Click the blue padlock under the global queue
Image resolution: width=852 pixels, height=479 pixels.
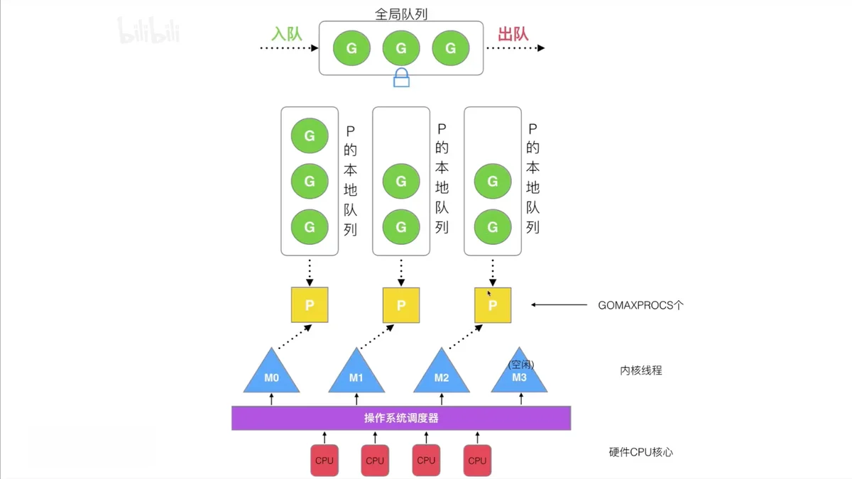(401, 78)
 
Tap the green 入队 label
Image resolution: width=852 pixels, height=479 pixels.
(287, 34)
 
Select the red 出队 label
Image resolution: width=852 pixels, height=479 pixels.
(513, 34)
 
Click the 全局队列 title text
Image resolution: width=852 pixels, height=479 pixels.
(401, 14)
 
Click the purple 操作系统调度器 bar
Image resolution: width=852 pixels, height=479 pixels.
(401, 418)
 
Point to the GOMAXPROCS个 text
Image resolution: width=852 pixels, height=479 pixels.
(640, 305)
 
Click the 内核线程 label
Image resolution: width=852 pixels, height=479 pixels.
(641, 370)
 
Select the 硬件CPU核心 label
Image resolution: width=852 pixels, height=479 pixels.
(641, 452)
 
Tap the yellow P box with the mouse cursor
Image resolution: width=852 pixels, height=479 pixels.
(493, 305)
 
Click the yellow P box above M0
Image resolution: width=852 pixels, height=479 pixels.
(310, 305)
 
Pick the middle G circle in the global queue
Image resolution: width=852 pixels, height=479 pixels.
(401, 48)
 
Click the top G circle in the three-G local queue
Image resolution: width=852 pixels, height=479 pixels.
(310, 136)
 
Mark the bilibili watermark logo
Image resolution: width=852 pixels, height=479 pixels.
(148, 31)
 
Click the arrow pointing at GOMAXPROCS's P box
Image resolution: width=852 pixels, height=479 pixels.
(559, 304)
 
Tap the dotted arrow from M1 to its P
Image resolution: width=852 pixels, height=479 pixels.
(377, 336)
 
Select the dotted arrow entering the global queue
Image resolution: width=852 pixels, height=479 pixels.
(289, 48)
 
